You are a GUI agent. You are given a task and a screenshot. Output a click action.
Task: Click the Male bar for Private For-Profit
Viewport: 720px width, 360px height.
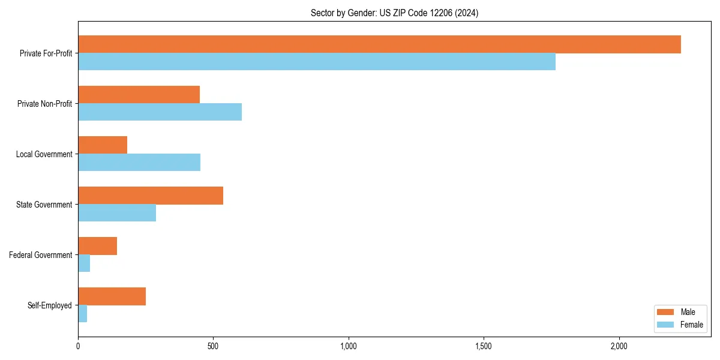(x=379, y=44)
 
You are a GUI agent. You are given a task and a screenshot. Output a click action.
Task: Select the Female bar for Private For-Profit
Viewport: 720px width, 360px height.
(x=317, y=62)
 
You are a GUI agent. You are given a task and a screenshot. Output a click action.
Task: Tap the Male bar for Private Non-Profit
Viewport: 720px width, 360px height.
(x=139, y=95)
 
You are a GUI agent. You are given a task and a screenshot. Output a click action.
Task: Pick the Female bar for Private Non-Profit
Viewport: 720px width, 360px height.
(x=160, y=112)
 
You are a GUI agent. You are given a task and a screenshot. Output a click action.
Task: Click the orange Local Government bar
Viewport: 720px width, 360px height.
(x=103, y=145)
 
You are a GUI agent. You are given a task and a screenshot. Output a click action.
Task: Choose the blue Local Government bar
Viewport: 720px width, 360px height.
(x=139, y=163)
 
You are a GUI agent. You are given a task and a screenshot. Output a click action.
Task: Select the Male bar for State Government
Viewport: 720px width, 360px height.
(x=151, y=196)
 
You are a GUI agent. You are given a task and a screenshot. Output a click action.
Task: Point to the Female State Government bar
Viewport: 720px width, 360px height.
(x=117, y=213)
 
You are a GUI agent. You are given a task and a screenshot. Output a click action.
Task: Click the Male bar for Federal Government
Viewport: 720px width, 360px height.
(x=97, y=246)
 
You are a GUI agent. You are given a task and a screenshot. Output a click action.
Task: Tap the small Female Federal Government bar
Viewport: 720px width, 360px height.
(x=84, y=263)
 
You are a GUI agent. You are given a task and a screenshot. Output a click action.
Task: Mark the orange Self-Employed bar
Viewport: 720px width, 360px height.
(x=112, y=296)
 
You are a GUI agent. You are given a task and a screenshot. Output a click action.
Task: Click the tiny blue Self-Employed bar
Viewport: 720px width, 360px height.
(x=83, y=314)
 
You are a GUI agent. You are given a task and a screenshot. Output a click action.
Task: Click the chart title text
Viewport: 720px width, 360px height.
(x=394, y=13)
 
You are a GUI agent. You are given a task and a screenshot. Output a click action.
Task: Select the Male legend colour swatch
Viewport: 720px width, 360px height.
(x=666, y=312)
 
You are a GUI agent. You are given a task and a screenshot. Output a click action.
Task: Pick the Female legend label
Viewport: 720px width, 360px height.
(x=691, y=325)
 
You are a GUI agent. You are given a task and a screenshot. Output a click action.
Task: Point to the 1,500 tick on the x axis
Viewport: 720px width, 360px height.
(x=484, y=346)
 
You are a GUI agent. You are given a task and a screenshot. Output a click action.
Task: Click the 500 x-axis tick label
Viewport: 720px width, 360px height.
(x=213, y=346)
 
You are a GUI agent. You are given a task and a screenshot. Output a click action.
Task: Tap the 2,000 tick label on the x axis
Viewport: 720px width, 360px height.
(x=619, y=346)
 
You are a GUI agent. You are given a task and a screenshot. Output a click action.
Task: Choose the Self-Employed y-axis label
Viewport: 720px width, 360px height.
(x=50, y=305)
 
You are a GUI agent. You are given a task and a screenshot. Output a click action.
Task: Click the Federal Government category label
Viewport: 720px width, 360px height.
(x=41, y=255)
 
